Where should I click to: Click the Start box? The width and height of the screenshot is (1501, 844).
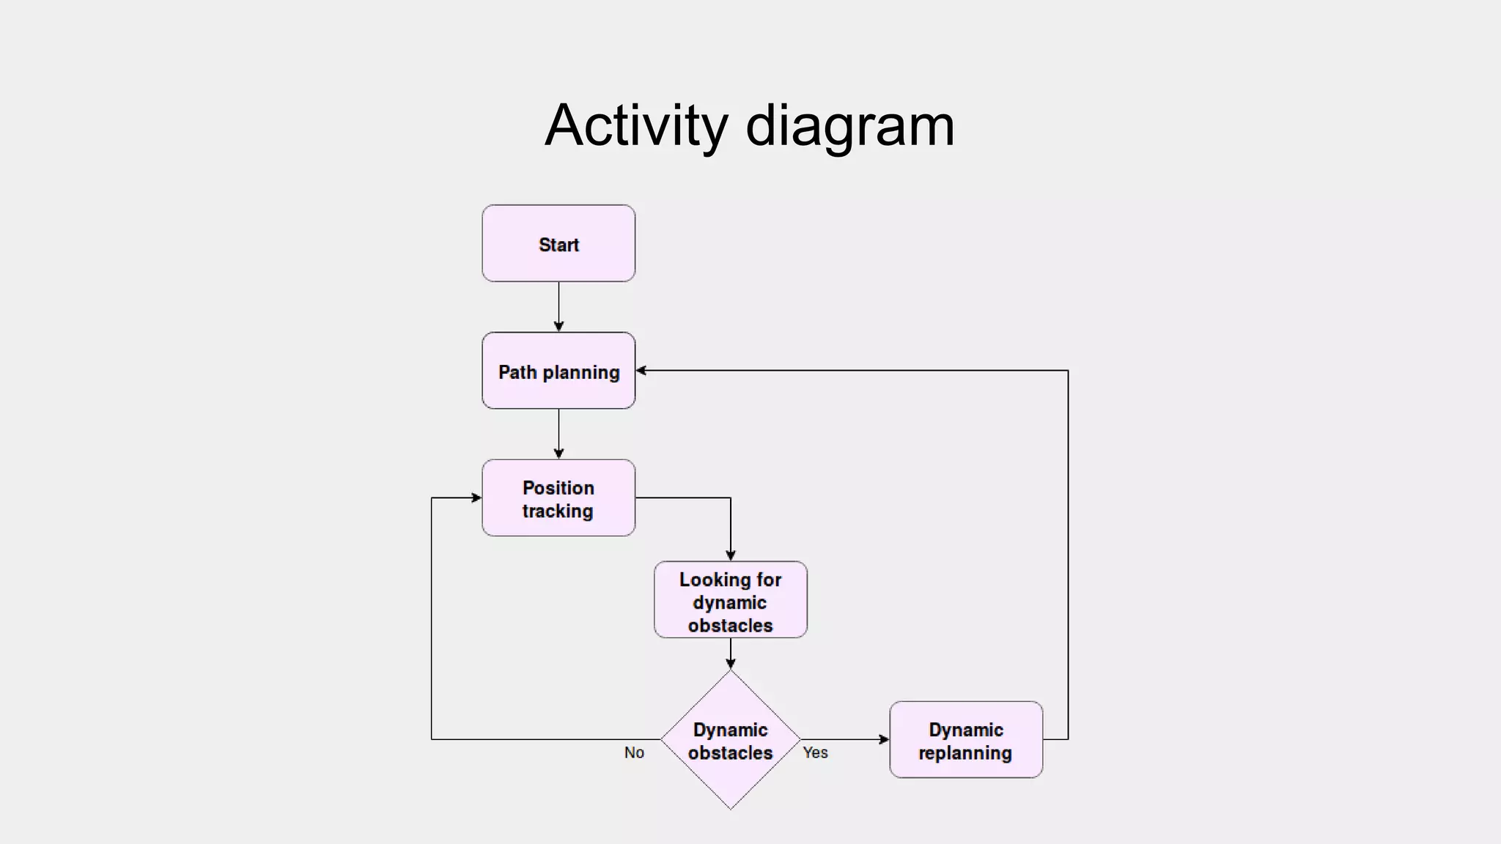point(558,243)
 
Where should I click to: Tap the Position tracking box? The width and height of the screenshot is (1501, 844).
point(558,498)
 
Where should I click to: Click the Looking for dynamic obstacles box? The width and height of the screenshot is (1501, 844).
point(730,600)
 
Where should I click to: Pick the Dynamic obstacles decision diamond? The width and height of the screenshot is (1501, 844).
point(730,740)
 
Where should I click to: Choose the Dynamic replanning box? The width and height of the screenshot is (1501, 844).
point(966,740)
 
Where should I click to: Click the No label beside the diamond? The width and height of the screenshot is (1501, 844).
point(634,752)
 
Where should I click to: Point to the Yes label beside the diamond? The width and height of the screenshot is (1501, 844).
point(815,752)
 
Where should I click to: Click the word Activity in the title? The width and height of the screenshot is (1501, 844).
point(635,125)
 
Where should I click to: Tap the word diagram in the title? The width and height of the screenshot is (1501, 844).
point(850,125)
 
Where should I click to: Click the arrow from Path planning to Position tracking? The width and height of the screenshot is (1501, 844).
point(558,434)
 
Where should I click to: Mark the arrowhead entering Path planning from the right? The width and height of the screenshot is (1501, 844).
point(641,371)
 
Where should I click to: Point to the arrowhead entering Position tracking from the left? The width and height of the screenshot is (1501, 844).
point(476,498)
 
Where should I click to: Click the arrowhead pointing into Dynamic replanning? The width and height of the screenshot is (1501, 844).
point(884,740)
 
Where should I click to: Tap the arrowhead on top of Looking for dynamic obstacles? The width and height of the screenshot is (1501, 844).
point(730,555)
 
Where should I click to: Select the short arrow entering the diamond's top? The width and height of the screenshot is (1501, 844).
point(730,654)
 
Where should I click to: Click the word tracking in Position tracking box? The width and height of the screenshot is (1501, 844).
point(558,511)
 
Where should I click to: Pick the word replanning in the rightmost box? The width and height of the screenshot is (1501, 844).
point(965,753)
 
